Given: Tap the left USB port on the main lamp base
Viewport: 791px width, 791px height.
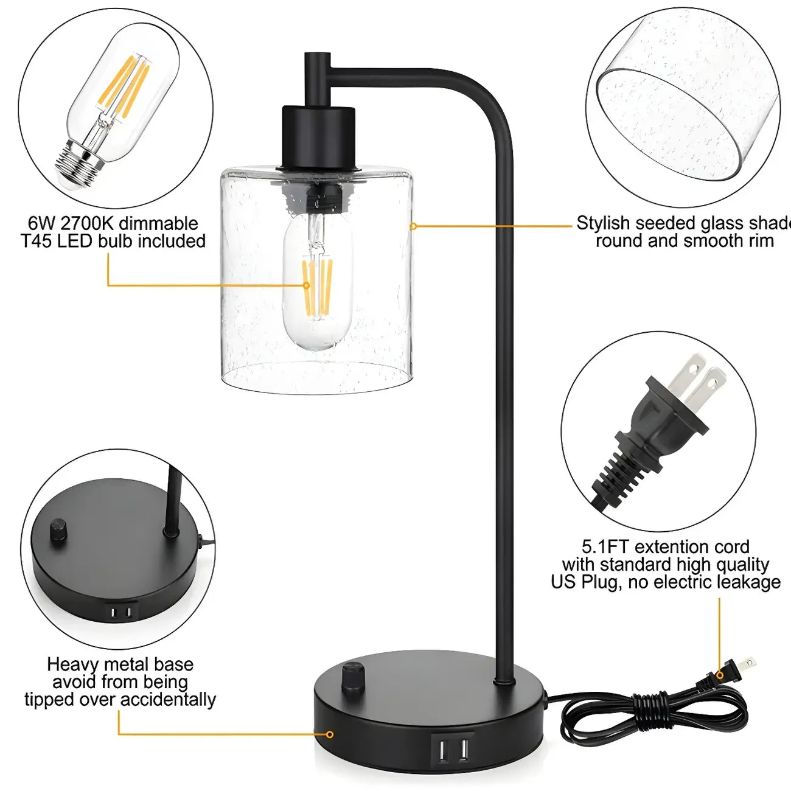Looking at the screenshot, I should (439, 748).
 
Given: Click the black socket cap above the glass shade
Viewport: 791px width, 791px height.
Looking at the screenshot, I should (318, 137).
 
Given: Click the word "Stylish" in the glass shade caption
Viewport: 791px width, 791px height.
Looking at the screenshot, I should (602, 223).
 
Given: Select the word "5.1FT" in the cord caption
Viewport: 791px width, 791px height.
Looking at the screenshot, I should (605, 546).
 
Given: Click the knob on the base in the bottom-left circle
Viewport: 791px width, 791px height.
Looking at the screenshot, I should (59, 530).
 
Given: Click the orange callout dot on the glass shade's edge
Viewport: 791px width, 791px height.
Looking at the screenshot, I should (413, 226).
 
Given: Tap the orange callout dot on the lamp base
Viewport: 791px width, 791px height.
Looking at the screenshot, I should (330, 734).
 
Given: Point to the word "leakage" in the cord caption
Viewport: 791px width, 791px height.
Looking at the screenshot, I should (748, 582).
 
